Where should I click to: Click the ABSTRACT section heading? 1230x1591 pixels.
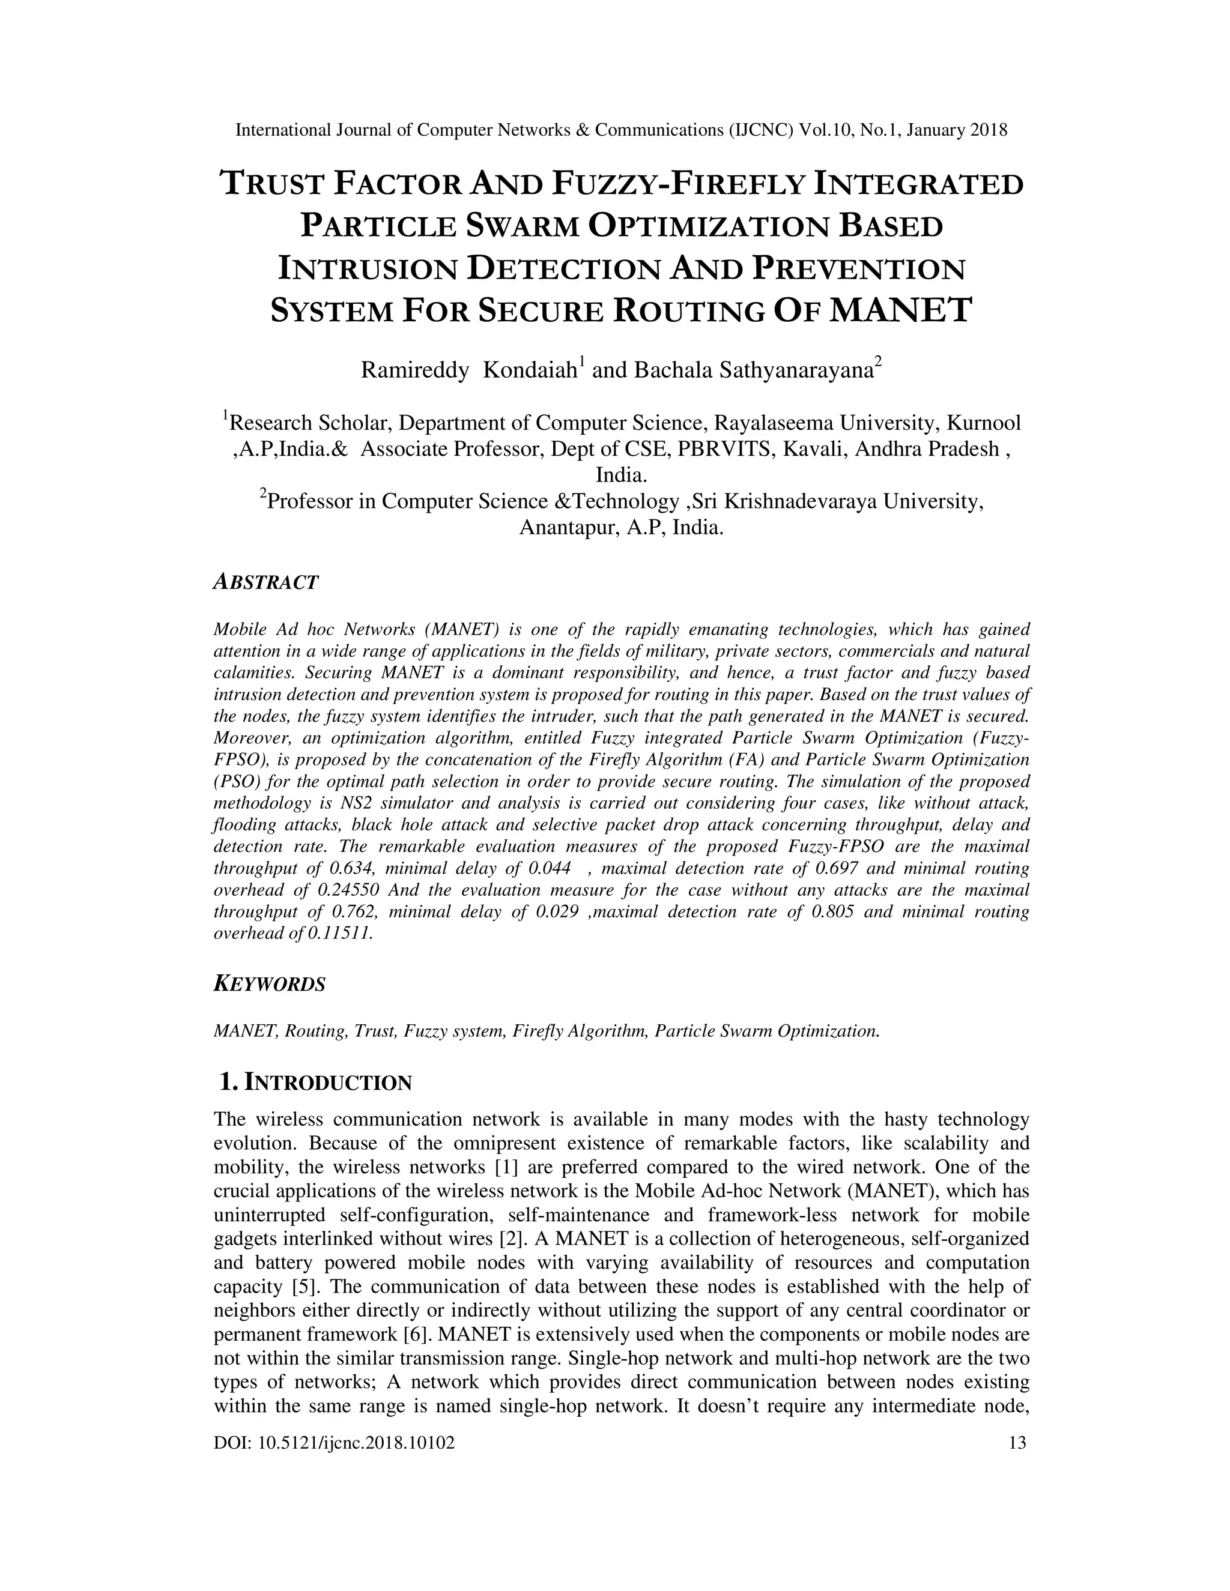pos(266,582)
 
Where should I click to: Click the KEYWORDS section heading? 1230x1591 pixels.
pos(269,984)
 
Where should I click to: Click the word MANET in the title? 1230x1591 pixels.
pos(901,310)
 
